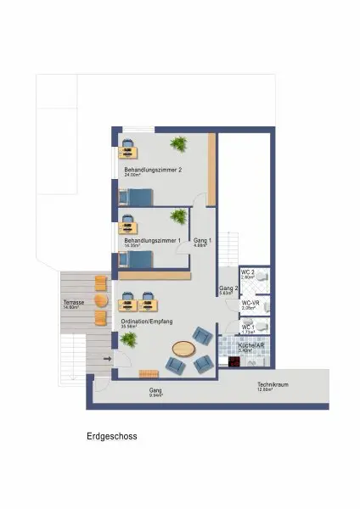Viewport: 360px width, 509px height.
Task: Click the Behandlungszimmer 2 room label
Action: point(152,170)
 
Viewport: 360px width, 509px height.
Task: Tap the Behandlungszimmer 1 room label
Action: point(152,241)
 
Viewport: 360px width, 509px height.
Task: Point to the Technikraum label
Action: point(273,384)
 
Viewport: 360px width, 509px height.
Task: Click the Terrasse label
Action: point(72,303)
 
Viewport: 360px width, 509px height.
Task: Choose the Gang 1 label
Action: point(201,241)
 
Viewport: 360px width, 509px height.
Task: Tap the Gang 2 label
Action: point(228,289)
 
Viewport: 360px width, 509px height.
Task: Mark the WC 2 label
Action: point(247,272)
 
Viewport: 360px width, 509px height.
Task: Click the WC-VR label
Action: point(250,303)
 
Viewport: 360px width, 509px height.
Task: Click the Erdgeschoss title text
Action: point(111,437)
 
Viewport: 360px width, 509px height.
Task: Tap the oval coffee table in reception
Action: point(183,348)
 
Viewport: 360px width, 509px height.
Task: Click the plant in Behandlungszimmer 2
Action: point(179,142)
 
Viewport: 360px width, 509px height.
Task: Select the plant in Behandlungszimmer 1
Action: point(179,216)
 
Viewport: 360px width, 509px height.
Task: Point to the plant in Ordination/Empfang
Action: point(128,339)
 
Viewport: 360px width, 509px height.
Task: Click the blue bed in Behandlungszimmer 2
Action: point(136,197)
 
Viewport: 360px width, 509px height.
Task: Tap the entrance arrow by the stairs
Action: point(107,360)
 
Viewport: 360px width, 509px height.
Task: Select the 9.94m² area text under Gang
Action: point(156,395)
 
